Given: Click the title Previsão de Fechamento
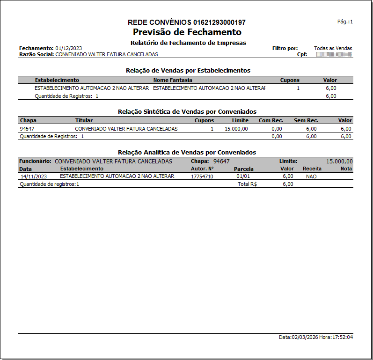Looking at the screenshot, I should pyautogui.click(x=187, y=32).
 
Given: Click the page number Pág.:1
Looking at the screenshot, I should pyautogui.click(x=345, y=22).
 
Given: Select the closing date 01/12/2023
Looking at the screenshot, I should pyautogui.click(x=69, y=48).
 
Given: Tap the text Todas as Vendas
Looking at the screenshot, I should pyautogui.click(x=333, y=48).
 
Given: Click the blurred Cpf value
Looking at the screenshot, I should pyautogui.click(x=334, y=55).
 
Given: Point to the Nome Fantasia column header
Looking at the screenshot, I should pyautogui.click(x=173, y=80).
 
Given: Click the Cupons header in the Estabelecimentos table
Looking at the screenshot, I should pyautogui.click(x=290, y=80).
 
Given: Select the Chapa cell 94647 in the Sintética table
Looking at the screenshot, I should pyautogui.click(x=27, y=129).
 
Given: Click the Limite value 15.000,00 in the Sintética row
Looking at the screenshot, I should pyautogui.click(x=236, y=129).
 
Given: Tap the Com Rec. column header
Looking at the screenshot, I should pyautogui.click(x=271, y=121).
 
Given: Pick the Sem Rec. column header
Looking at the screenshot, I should pyautogui.click(x=306, y=121).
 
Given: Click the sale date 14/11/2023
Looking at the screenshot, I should pyautogui.click(x=34, y=176).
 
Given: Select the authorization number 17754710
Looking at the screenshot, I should pyautogui.click(x=202, y=176).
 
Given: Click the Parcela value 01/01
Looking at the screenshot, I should pyautogui.click(x=243, y=176).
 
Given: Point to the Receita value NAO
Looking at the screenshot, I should pyautogui.click(x=311, y=176).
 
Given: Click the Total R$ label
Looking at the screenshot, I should pyautogui.click(x=248, y=184).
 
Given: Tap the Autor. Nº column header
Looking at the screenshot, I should pyautogui.click(x=202, y=169).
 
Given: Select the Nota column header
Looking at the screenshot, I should pyautogui.click(x=346, y=169).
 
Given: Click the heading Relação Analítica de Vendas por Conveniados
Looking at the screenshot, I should pyautogui.click(x=187, y=152).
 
